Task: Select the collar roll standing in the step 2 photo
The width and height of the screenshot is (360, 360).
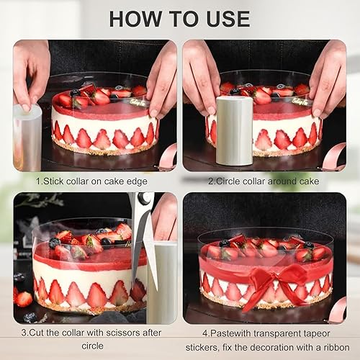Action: [234, 131]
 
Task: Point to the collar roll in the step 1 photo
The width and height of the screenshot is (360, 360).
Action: [27, 137]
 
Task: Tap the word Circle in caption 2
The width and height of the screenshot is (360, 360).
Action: [228, 181]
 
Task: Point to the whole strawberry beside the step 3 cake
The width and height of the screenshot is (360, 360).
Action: [24, 300]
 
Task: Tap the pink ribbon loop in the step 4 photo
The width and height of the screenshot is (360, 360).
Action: [338, 310]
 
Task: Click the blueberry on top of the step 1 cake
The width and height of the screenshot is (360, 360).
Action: [75, 92]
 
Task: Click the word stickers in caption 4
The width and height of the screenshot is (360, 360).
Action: [201, 348]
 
